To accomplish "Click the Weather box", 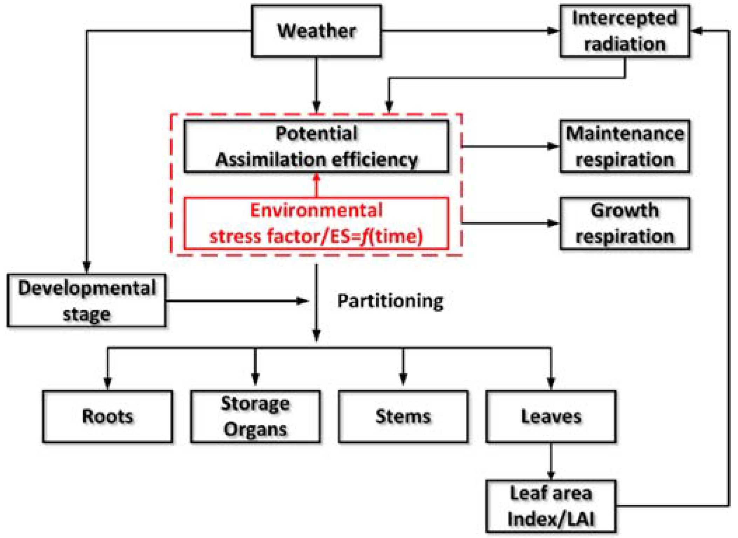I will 316,31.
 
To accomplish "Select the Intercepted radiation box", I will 624,31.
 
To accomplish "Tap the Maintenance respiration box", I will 624,146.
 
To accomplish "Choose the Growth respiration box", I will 624,223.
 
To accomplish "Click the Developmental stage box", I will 86,300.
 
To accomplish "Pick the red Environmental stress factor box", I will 316,223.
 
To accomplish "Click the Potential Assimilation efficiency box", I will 316,146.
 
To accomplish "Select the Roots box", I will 108,416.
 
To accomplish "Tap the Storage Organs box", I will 255,416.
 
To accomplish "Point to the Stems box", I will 403,416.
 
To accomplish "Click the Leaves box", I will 551,416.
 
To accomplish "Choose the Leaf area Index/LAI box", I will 551,506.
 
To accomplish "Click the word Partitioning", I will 390,301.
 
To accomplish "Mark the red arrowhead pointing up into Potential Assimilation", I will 316,177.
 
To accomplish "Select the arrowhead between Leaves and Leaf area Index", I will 551,475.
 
